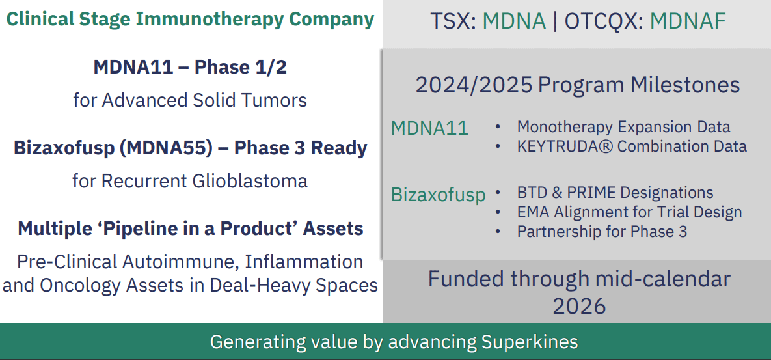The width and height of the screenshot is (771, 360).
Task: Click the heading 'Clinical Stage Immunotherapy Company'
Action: click(190, 19)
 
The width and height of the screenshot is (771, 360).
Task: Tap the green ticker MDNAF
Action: click(688, 21)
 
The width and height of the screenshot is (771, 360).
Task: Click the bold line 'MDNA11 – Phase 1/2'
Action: click(190, 67)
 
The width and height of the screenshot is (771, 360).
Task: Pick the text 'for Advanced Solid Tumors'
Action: click(190, 100)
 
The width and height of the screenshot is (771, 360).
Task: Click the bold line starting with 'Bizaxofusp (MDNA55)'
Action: click(190, 148)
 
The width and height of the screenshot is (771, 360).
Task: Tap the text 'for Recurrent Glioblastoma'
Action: click(190, 181)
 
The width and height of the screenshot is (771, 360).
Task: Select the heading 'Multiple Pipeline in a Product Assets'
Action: click(190, 228)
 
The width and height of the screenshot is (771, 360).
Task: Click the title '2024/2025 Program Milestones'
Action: click(578, 85)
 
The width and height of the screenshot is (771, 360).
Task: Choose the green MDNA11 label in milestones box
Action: click(430, 128)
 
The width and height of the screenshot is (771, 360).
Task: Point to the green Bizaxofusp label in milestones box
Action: click(438, 195)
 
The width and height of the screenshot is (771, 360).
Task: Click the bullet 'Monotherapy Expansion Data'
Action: click(623, 127)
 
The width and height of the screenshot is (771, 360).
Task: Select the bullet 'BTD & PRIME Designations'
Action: click(615, 192)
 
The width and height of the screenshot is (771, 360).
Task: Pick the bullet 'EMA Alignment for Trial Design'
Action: click(629, 212)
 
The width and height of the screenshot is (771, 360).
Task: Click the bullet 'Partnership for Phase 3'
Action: click(602, 231)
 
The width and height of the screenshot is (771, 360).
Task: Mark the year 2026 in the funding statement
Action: click(579, 306)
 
